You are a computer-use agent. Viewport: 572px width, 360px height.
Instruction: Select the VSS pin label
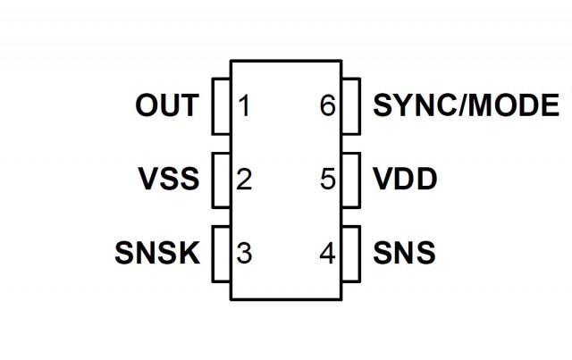coord(168,180)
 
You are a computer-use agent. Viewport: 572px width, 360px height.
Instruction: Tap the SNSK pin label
coord(156,253)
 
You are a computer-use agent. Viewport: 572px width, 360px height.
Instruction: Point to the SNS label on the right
coord(403,253)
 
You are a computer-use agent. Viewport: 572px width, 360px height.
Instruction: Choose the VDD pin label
coord(404,180)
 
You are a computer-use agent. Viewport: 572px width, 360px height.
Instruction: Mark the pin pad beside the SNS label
coord(350,254)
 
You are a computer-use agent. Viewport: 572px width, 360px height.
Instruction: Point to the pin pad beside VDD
coord(350,180)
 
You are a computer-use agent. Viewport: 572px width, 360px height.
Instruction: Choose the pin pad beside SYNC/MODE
coord(350,107)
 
